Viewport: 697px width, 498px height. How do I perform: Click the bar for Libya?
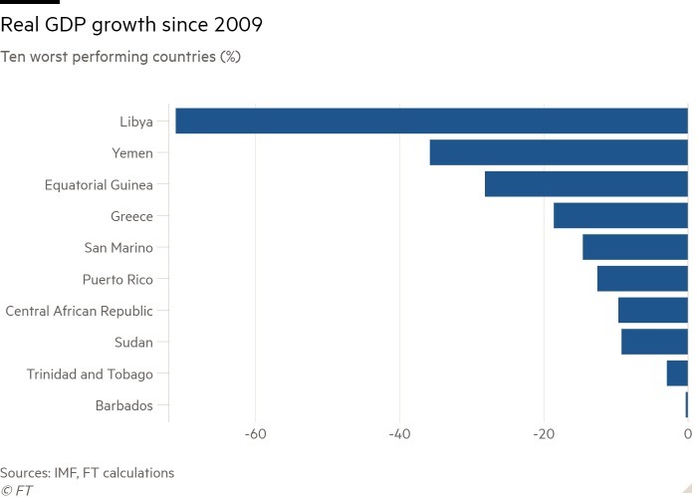click(431, 121)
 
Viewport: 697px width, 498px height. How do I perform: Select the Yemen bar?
click(559, 152)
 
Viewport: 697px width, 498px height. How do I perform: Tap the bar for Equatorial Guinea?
click(586, 184)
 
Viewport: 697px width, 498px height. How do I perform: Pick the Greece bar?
click(620, 215)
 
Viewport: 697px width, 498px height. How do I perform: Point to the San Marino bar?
click(635, 247)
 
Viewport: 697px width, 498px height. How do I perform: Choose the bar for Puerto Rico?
click(642, 279)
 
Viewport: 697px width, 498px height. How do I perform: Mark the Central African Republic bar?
click(653, 311)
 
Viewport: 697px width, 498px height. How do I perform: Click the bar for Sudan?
click(654, 342)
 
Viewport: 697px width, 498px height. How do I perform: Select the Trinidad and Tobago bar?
click(677, 373)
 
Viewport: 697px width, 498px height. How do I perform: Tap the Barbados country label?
click(124, 405)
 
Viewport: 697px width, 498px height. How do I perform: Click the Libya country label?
click(135, 122)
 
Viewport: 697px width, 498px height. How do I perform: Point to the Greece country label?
click(131, 216)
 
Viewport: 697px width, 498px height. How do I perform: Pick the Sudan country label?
click(133, 343)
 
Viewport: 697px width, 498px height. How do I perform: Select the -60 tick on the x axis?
click(256, 434)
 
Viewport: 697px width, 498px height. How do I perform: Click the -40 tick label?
click(399, 434)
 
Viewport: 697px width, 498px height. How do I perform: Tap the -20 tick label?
click(544, 434)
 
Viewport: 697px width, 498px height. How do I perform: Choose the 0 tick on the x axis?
click(688, 434)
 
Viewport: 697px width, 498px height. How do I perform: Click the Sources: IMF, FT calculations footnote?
click(88, 473)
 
